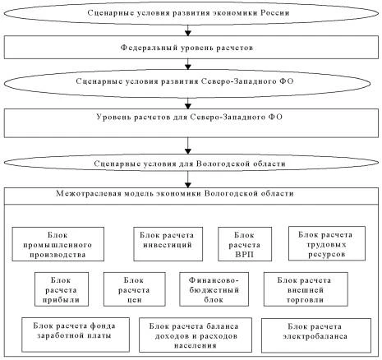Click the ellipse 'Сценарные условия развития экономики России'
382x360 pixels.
(191, 15)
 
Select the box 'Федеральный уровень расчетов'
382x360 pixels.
(191, 48)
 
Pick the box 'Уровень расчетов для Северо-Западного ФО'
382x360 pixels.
(191, 120)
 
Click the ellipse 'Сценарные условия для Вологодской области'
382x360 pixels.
(191, 164)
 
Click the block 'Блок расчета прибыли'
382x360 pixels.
(62, 288)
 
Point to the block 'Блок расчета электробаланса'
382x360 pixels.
(311, 332)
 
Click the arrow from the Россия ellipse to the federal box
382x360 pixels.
(191, 31)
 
